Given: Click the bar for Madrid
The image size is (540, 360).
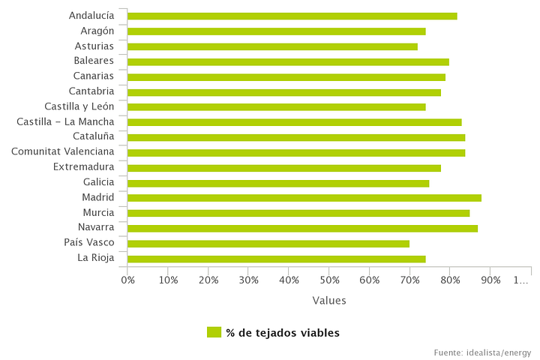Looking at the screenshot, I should tap(304, 198).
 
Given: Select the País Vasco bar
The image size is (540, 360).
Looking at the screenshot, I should tap(268, 244).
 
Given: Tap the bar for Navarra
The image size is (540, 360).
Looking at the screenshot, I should tap(302, 228).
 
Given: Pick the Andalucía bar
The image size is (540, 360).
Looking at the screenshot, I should tap(292, 16).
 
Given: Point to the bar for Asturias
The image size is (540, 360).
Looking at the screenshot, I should tap(272, 46).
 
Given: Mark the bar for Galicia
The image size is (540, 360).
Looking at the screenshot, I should tap(278, 183).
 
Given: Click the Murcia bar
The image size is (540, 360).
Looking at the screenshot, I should tap(298, 213).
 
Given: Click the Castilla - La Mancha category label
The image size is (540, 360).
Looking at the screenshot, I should tap(65, 121).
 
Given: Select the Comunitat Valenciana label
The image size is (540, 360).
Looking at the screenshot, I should tap(62, 151).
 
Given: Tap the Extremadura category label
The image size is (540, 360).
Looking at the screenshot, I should tap(83, 166).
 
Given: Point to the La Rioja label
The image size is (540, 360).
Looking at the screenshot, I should tap(95, 258).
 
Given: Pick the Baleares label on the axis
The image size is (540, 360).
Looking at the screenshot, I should tap(94, 61).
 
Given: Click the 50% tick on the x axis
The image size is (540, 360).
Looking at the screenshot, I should tap(329, 280).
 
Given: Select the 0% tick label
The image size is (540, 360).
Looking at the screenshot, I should tap(127, 280).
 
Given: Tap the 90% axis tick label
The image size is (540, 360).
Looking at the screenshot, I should tap(490, 280).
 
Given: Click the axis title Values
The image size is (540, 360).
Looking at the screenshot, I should tap(329, 301).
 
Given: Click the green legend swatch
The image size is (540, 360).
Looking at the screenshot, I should tap(214, 332).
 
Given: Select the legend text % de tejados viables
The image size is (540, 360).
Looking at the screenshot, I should tap(283, 332).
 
